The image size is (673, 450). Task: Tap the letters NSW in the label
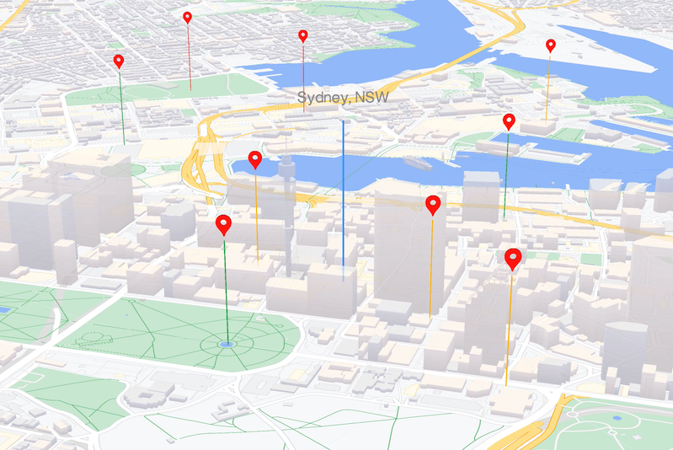(371, 98)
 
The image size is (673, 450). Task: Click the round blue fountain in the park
(226, 344)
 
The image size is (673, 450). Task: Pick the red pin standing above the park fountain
(223, 223)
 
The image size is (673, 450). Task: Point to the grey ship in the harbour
(418, 163)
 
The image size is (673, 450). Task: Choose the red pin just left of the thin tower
(255, 158)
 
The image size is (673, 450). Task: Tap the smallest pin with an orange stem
(551, 45)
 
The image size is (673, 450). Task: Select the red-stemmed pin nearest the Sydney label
(303, 35)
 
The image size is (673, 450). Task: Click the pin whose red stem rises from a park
(187, 17)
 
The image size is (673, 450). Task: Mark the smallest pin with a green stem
(119, 61)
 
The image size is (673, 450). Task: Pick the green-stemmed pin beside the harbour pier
(509, 121)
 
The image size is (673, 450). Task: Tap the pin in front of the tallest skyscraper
(433, 203)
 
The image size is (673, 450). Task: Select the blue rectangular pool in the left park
(4, 309)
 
